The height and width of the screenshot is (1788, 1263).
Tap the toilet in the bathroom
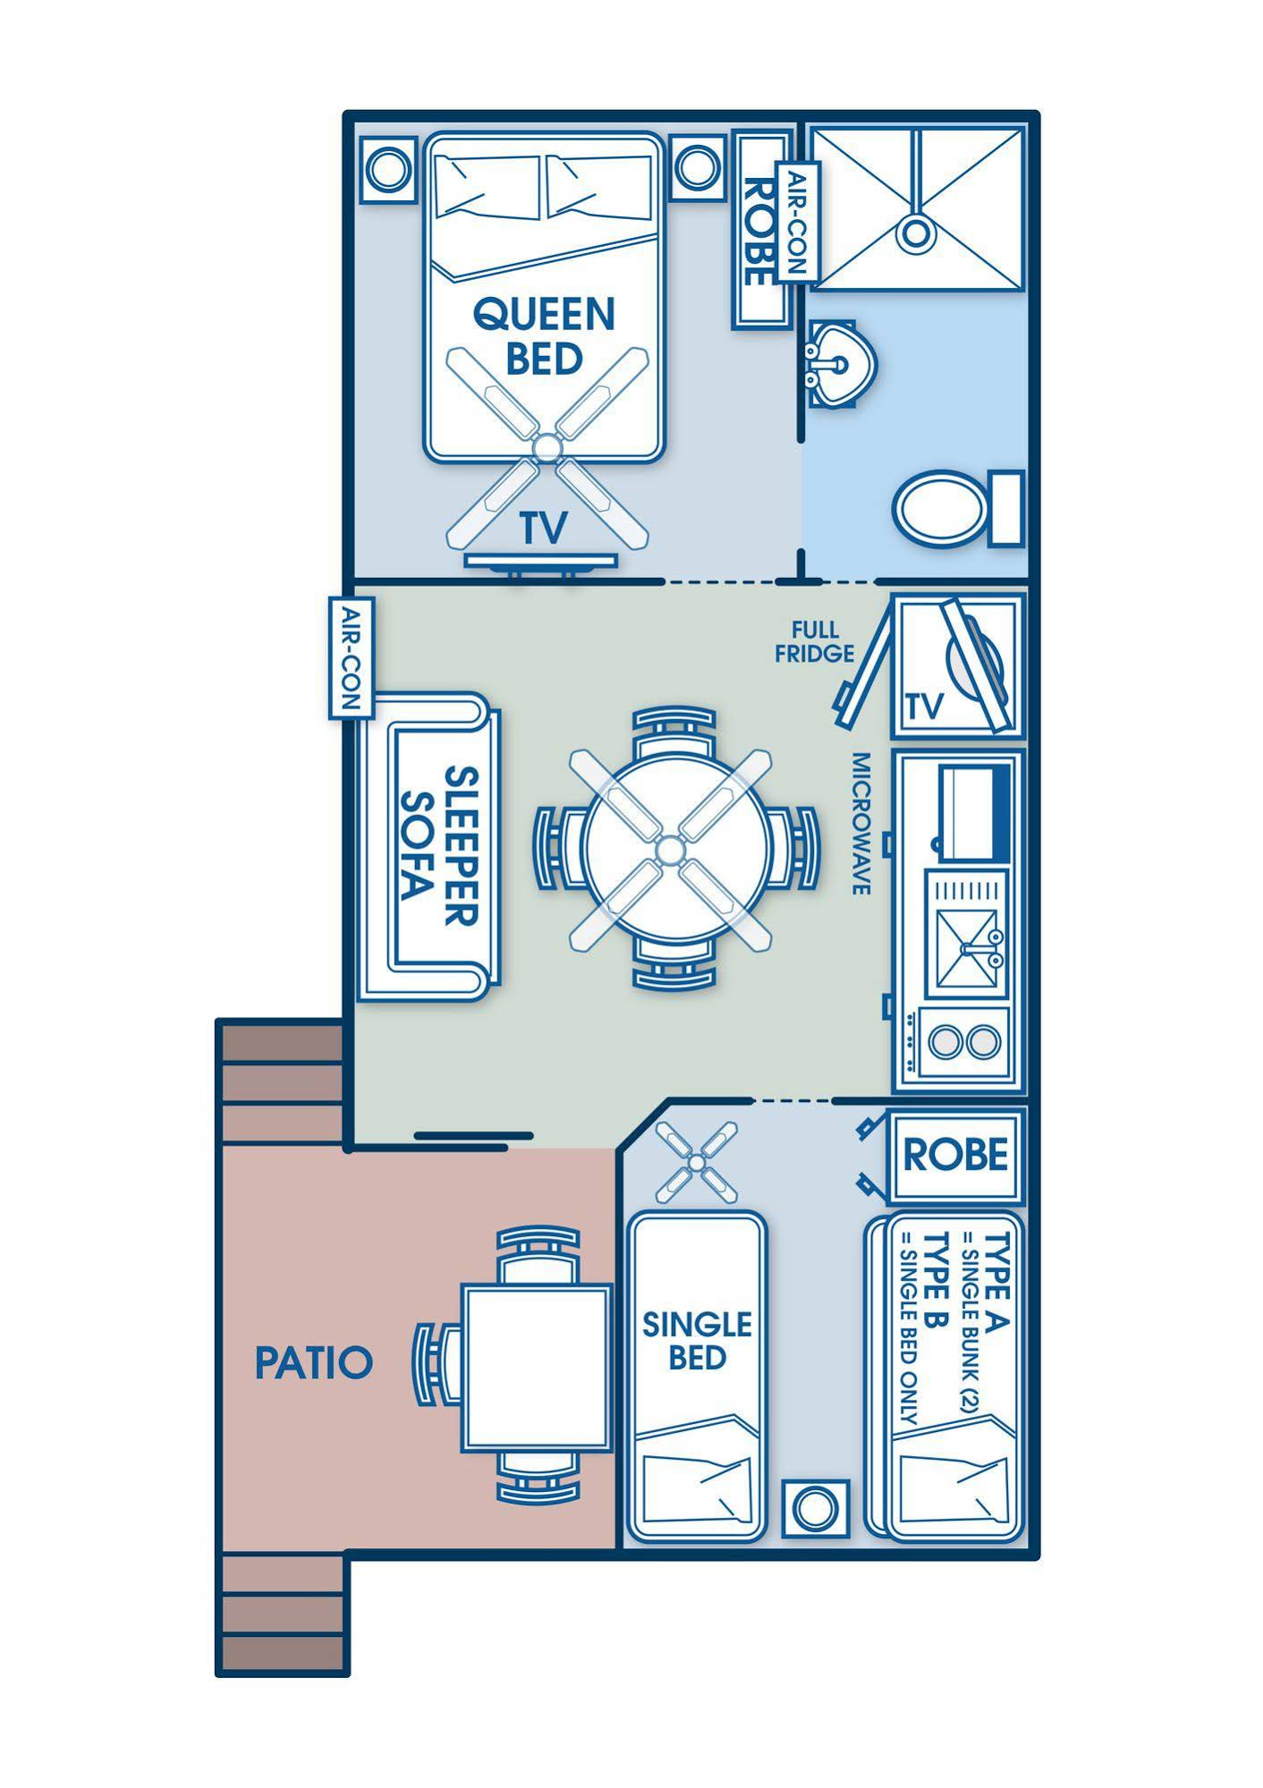pyautogui.click(x=957, y=509)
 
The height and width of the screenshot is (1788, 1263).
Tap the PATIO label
pyautogui.click(x=313, y=1362)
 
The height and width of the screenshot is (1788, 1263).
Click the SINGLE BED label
pyautogui.click(x=698, y=1341)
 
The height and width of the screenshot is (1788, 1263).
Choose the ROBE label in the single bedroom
pyautogui.click(x=955, y=1155)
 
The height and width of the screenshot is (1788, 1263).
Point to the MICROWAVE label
pyautogui.click(x=860, y=823)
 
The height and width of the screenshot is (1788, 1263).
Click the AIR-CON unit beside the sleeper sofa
pyautogui.click(x=350, y=657)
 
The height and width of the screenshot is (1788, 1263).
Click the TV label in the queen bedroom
pyautogui.click(x=544, y=528)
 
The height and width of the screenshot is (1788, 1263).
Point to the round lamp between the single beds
pyautogui.click(x=814, y=1509)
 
